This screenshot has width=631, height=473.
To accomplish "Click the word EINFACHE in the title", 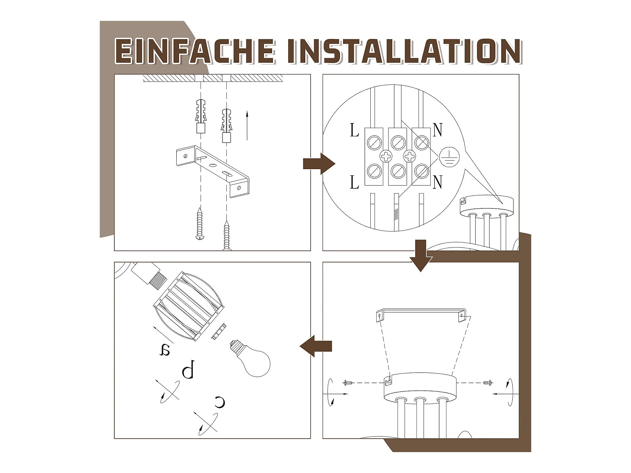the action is point(195,51).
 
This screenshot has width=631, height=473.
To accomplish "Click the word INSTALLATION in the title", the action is point(404,51).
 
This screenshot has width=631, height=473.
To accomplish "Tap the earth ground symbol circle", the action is point(449,157).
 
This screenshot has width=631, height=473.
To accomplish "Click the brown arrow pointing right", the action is point(319,164).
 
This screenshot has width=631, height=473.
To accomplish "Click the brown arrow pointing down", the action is point(421,255).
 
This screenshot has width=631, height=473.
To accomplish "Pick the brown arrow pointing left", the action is point(315,346).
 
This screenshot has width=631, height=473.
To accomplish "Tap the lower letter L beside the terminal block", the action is point(355,182).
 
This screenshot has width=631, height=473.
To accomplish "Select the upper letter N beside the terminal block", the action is point(437,130).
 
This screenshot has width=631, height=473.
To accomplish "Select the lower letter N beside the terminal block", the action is point(437,182).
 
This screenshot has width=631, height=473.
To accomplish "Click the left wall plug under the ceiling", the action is point(201,116).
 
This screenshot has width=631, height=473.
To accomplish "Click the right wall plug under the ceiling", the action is point(226,125).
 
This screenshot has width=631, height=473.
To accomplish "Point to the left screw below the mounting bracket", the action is point(199,223).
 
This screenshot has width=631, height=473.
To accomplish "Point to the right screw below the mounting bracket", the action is point(227,236).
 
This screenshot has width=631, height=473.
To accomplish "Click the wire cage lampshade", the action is point(189,306).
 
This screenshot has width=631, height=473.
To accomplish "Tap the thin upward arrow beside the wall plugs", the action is point(247,126).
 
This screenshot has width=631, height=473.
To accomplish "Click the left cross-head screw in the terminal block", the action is point(386,156).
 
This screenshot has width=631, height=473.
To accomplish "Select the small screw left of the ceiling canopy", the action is point(348,382).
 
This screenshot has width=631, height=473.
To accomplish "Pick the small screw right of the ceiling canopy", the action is point(488,382).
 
